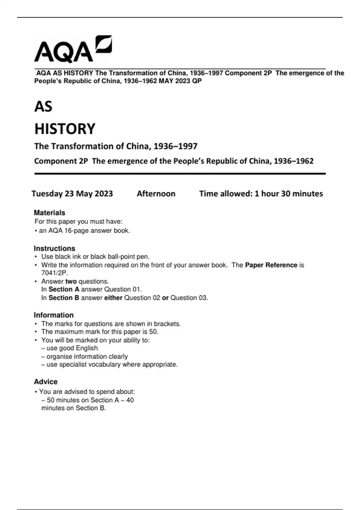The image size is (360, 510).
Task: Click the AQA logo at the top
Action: [x=73, y=49]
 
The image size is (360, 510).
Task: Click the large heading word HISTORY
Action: [x=65, y=129]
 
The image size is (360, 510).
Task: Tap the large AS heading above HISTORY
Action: [x=43, y=106]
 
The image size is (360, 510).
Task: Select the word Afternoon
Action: [x=156, y=194]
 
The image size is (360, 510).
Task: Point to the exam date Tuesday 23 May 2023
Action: [x=72, y=194]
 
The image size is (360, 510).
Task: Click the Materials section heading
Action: [x=49, y=213]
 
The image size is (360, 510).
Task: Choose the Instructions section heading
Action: [x=54, y=248]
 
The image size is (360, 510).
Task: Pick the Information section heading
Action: [x=54, y=315]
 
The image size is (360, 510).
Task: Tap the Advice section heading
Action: [x=46, y=382]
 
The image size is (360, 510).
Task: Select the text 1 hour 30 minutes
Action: [x=289, y=194]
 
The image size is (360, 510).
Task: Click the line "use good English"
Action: [x=72, y=348]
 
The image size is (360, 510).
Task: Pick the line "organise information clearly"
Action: [x=87, y=356]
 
